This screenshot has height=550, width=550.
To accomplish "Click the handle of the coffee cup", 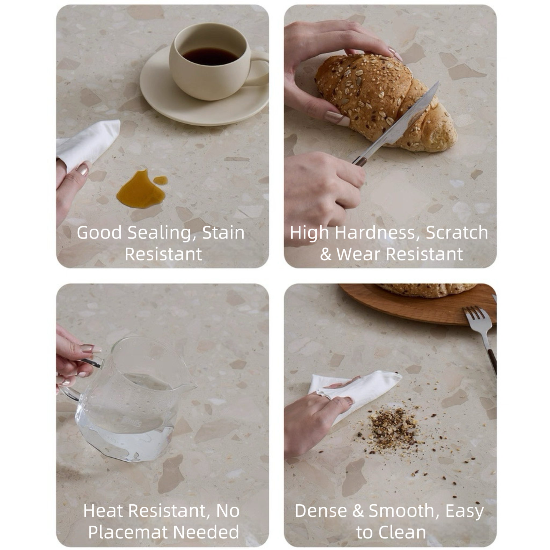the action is (260, 68).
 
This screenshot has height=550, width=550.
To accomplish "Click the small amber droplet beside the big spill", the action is (160, 180).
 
